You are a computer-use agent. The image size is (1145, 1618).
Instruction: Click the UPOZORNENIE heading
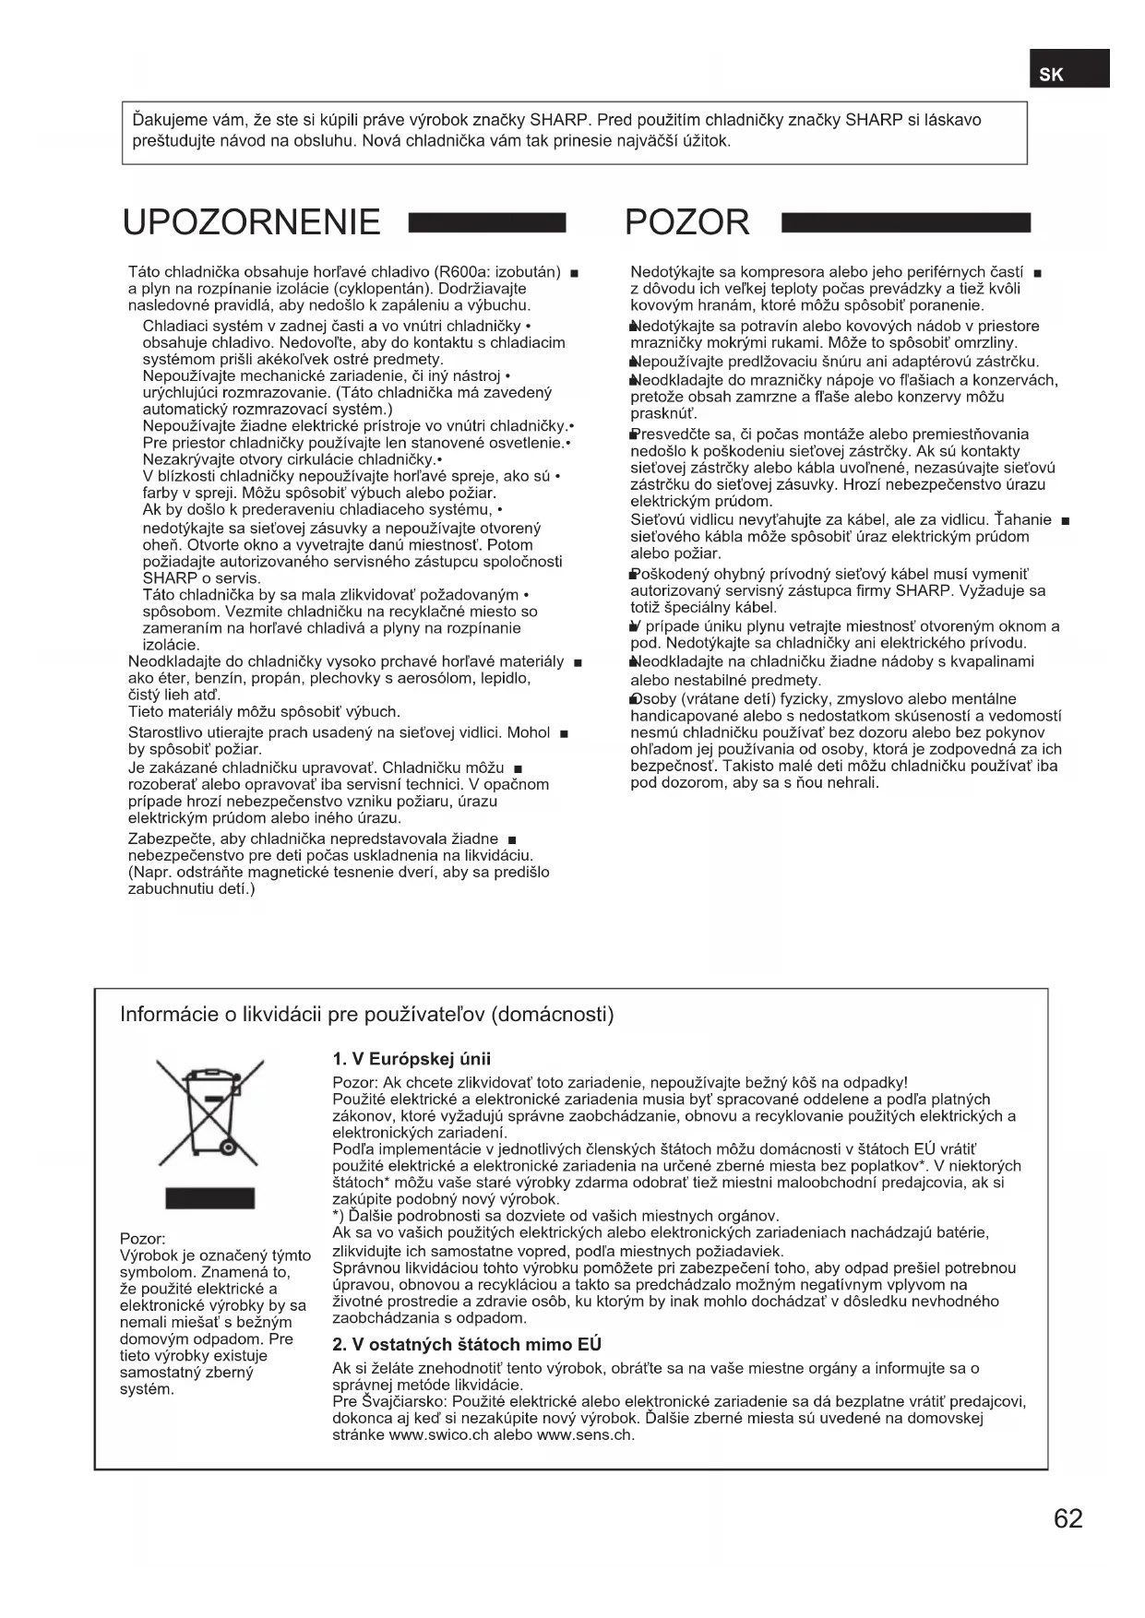251,222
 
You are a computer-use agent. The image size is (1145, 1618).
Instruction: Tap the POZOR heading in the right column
686,222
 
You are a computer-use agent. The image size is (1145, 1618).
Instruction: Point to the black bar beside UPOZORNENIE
485,222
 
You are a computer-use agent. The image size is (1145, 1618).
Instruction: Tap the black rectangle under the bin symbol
209,1198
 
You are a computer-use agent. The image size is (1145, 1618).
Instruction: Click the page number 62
1067,1518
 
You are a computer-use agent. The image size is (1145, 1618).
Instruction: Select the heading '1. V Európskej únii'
411,1059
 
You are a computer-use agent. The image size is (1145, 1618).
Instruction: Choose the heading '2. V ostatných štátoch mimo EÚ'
467,1344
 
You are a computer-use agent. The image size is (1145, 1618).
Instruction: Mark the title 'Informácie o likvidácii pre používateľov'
366,1015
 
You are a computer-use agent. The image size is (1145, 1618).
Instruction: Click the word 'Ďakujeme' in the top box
165,121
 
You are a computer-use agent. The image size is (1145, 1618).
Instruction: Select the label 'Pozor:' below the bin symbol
142,1239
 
